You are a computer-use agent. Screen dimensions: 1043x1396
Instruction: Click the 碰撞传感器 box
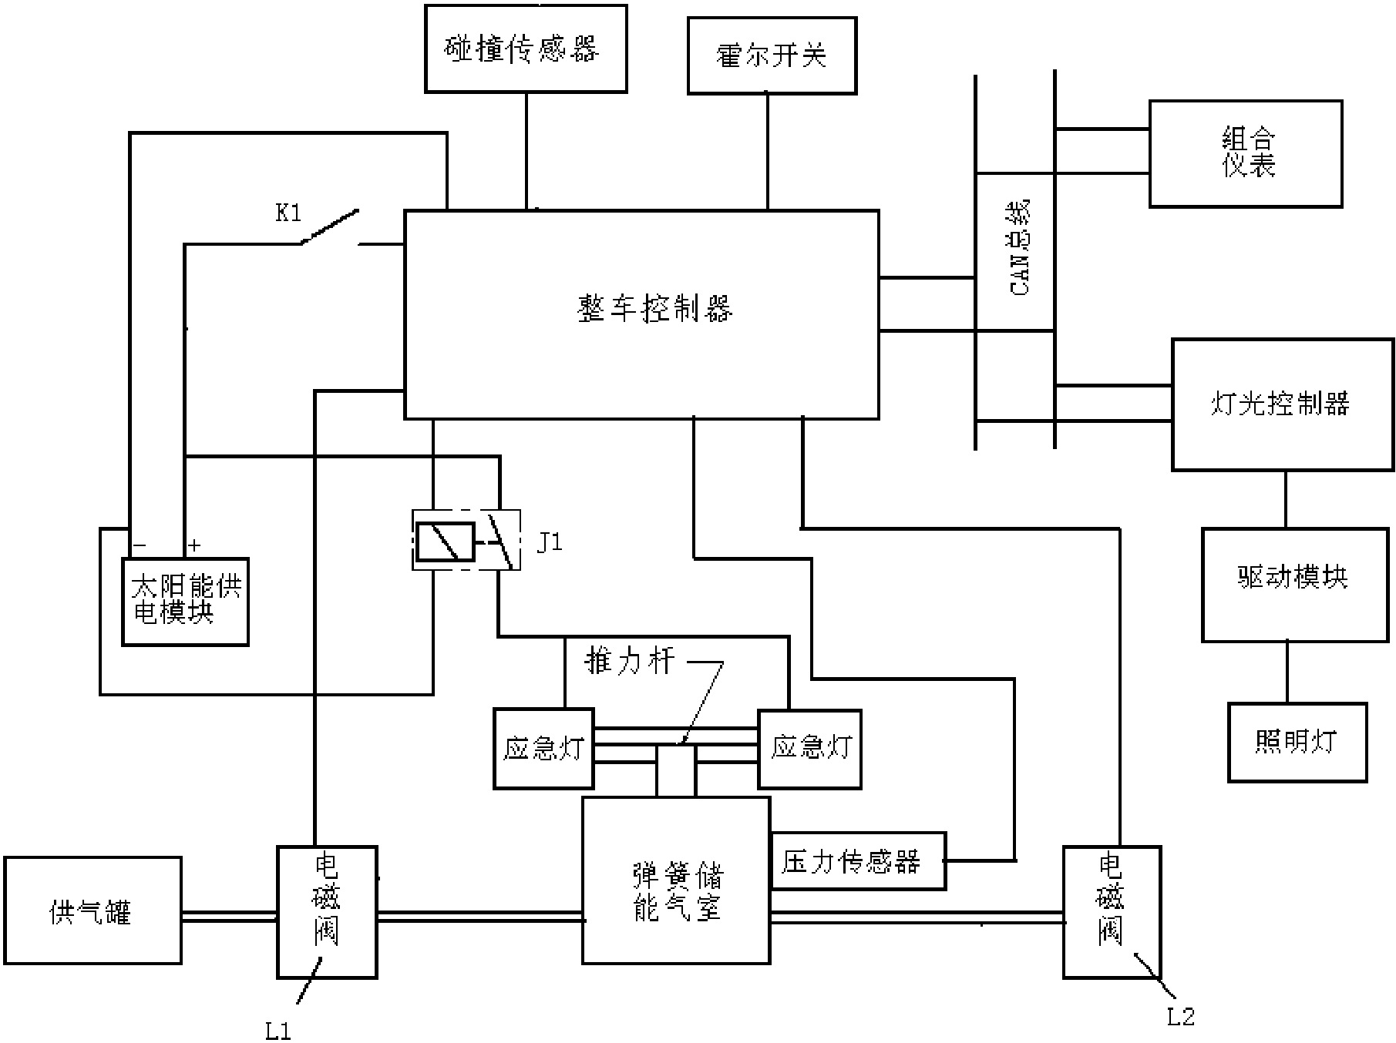[x=526, y=49]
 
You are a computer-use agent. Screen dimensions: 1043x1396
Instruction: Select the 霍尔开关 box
[x=772, y=55]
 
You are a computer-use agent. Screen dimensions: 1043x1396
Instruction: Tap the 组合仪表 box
[x=1246, y=153]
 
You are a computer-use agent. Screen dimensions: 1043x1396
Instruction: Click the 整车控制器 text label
[x=655, y=309]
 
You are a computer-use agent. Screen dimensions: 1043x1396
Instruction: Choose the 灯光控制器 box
[x=1283, y=404]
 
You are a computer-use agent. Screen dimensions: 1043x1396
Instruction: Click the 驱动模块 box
[x=1294, y=585]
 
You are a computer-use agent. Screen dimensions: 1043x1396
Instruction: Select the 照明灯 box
[x=1297, y=742]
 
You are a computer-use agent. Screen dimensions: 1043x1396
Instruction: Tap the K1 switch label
[x=288, y=213]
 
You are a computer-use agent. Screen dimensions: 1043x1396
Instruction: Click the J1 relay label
[x=550, y=542]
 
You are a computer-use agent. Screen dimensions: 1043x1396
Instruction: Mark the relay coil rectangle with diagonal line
[x=445, y=542]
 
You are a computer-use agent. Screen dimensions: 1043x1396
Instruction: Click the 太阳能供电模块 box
[x=185, y=602]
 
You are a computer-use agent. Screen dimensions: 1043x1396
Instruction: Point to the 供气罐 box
[x=92, y=910]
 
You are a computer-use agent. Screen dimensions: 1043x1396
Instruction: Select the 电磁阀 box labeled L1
[x=327, y=911]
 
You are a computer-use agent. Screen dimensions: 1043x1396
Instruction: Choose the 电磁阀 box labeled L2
[x=1111, y=911]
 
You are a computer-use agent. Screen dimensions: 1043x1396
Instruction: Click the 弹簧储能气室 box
[x=676, y=880]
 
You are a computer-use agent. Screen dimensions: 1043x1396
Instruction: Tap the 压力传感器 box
[x=858, y=860]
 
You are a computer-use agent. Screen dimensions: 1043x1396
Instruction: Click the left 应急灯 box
[x=543, y=748]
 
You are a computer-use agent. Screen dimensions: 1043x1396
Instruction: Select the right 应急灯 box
[x=809, y=748]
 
